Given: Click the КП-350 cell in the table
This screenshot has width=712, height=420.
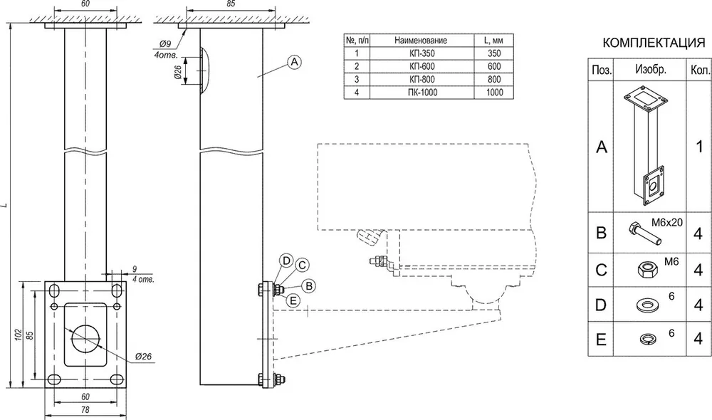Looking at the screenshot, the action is click(422, 53).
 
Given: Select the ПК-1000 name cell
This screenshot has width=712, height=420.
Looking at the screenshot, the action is click(422, 92).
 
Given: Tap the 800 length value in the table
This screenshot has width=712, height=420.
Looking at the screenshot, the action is click(494, 79).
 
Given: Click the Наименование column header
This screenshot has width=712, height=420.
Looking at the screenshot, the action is click(421, 41).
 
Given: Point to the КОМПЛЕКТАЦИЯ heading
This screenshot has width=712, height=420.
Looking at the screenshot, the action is click(654, 43).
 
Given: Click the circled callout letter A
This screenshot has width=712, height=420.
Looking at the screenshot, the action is click(294, 62).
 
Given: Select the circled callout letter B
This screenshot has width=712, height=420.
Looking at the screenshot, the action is click(309, 286).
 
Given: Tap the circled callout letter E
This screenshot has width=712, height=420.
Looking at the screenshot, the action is click(293, 300).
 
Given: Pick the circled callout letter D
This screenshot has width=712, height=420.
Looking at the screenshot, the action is click(286, 261).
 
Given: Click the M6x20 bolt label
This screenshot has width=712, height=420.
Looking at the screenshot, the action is click(666, 223).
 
